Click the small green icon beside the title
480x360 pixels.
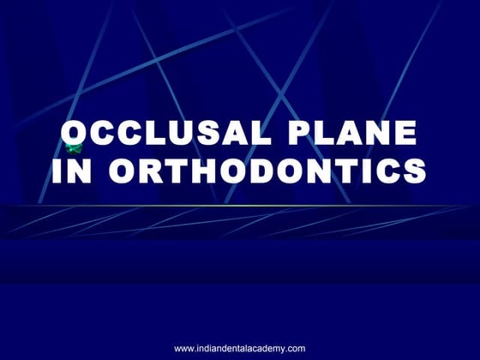[x=69, y=150]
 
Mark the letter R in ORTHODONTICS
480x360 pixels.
[x=147, y=171]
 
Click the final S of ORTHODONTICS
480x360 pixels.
[x=414, y=171]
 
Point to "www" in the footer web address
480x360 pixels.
[x=185, y=348]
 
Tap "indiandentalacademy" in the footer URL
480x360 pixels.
[x=243, y=348]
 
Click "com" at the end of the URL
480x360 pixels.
[x=296, y=348]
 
